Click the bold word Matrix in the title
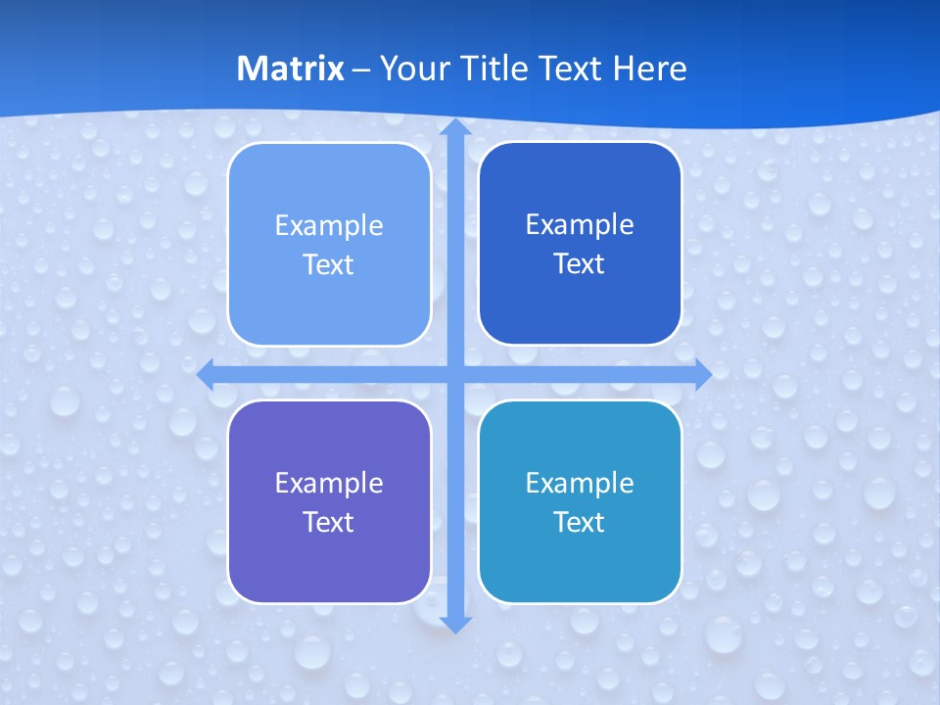click(x=291, y=69)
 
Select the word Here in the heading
click(x=650, y=69)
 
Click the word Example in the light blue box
click(x=329, y=225)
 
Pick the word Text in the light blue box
click(x=329, y=264)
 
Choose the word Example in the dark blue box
click(x=580, y=224)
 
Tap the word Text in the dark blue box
click(x=580, y=263)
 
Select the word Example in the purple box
click(x=329, y=483)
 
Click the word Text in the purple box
click(x=329, y=522)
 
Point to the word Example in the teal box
click(x=580, y=483)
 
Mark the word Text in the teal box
click(x=580, y=522)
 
